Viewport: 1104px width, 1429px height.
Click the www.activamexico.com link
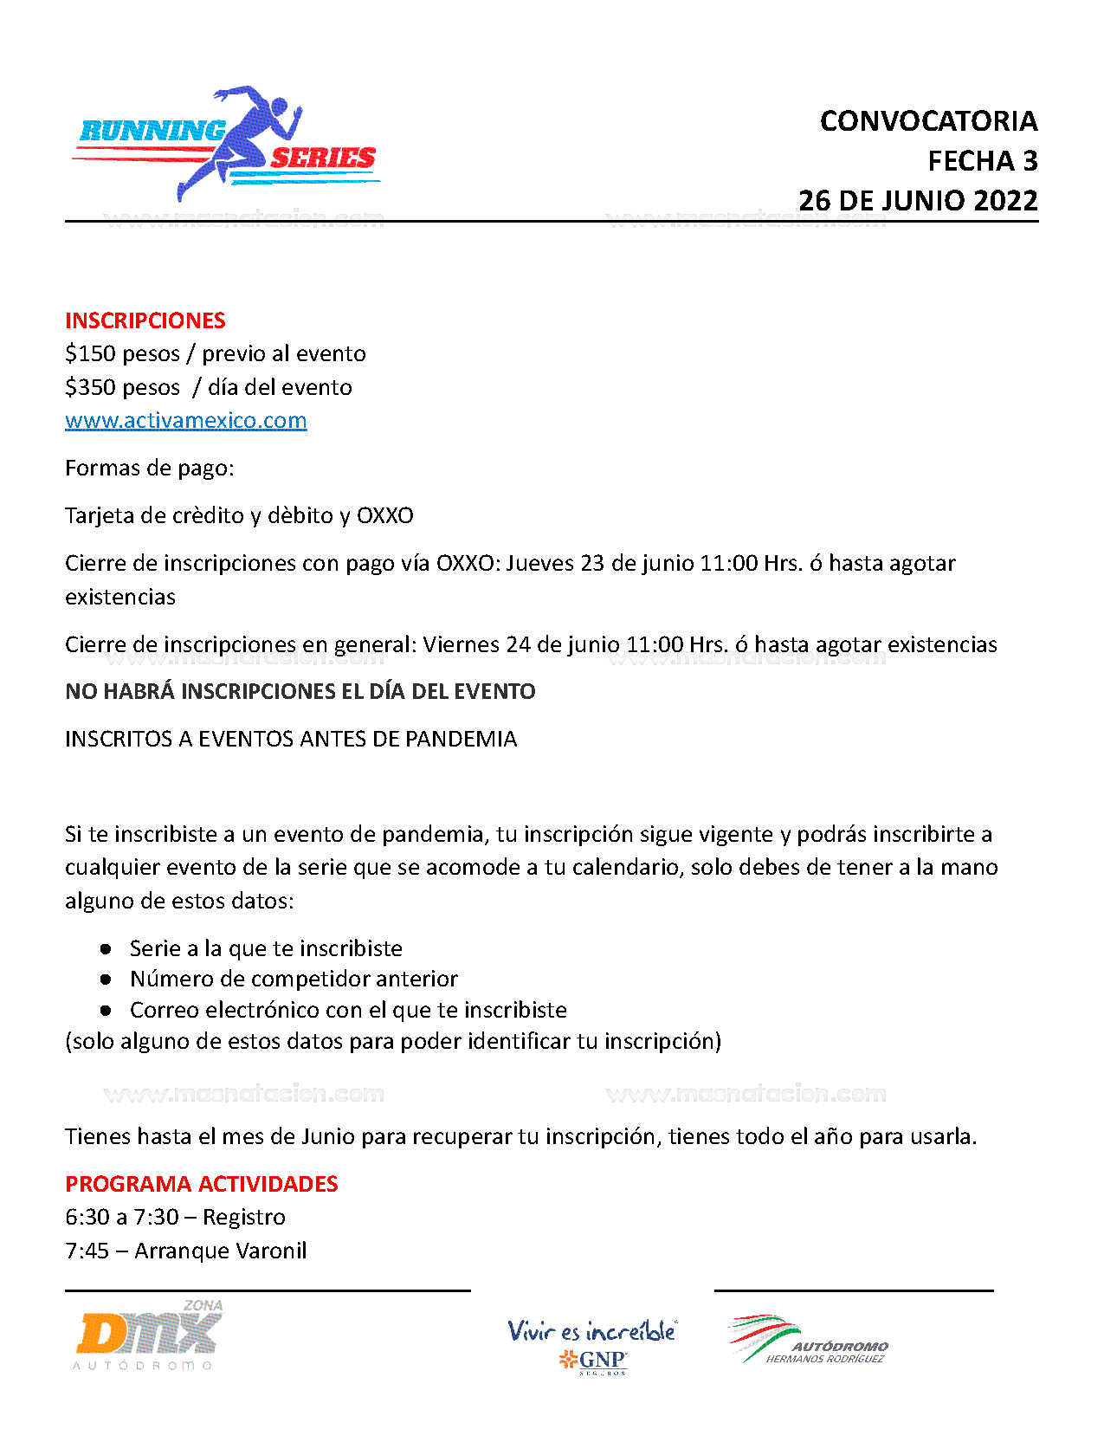tap(185, 421)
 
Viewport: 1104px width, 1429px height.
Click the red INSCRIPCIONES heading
tap(145, 320)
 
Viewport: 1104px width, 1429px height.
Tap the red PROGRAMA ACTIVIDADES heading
tap(201, 1184)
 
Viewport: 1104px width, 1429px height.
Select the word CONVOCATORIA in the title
tap(928, 121)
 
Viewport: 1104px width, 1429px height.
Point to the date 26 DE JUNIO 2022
tap(918, 201)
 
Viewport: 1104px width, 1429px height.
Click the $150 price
tap(92, 354)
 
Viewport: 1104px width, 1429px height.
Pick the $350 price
tap(92, 388)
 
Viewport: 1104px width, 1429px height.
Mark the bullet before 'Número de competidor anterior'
tap(106, 980)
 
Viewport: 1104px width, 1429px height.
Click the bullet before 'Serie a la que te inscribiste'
tap(106, 949)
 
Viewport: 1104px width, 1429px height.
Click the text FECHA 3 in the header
tap(982, 161)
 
